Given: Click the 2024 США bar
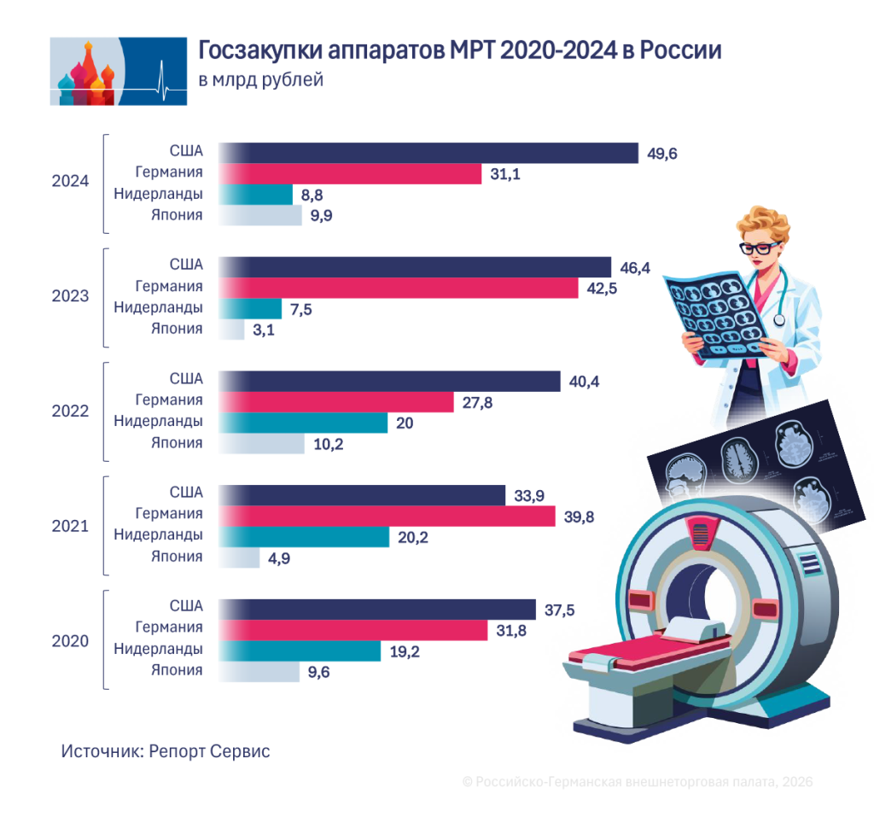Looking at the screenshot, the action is (428, 153).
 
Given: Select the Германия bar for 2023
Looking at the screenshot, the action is (398, 288).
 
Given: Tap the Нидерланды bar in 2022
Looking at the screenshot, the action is (303, 423).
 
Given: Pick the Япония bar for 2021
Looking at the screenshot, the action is (239, 557).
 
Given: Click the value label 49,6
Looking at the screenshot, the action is (662, 154).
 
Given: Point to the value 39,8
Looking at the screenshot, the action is (580, 517).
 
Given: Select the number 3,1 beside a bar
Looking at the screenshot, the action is (264, 330).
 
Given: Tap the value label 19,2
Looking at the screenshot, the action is (405, 652).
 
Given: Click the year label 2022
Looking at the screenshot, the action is (70, 411).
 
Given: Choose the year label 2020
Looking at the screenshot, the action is (70, 641).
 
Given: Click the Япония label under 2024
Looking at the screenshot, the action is (177, 214).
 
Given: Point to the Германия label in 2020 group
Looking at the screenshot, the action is (169, 627).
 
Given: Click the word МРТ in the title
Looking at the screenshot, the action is (471, 50).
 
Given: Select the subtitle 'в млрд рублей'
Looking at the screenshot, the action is (261, 79).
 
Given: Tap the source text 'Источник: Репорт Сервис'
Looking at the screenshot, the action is (166, 751).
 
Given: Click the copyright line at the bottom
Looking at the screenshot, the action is (638, 782).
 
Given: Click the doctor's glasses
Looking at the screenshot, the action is (758, 248).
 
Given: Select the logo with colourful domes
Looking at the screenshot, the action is (118, 72).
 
